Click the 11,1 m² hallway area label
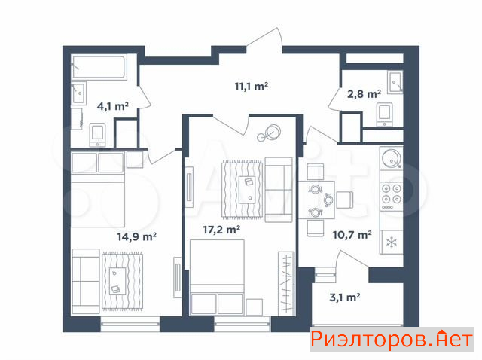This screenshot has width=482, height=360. click(251, 87)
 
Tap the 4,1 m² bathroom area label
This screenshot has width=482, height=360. click(112, 106)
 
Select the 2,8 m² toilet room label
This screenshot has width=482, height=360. click(365, 94)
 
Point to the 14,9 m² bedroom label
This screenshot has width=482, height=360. click(137, 236)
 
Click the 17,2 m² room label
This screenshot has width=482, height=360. click(221, 230)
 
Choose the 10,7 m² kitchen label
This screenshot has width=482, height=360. click(352, 235)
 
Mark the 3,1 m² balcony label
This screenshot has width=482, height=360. click(345, 297)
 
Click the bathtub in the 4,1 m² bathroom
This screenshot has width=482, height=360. click(99, 67)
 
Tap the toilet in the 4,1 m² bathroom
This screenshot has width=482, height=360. click(98, 135)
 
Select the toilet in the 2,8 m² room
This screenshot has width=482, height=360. click(385, 114)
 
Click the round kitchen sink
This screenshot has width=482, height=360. click(392, 158)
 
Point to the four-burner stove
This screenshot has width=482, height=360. click(392, 196)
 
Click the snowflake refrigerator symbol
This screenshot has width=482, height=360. click(392, 243)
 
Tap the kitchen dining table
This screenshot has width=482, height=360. click(316, 200)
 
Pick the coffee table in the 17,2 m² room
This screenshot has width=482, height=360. click(248, 189)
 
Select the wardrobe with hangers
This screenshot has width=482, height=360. click(286, 283)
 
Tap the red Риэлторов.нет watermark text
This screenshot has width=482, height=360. click(392, 340)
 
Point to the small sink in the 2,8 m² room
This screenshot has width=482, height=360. click(395, 82)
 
